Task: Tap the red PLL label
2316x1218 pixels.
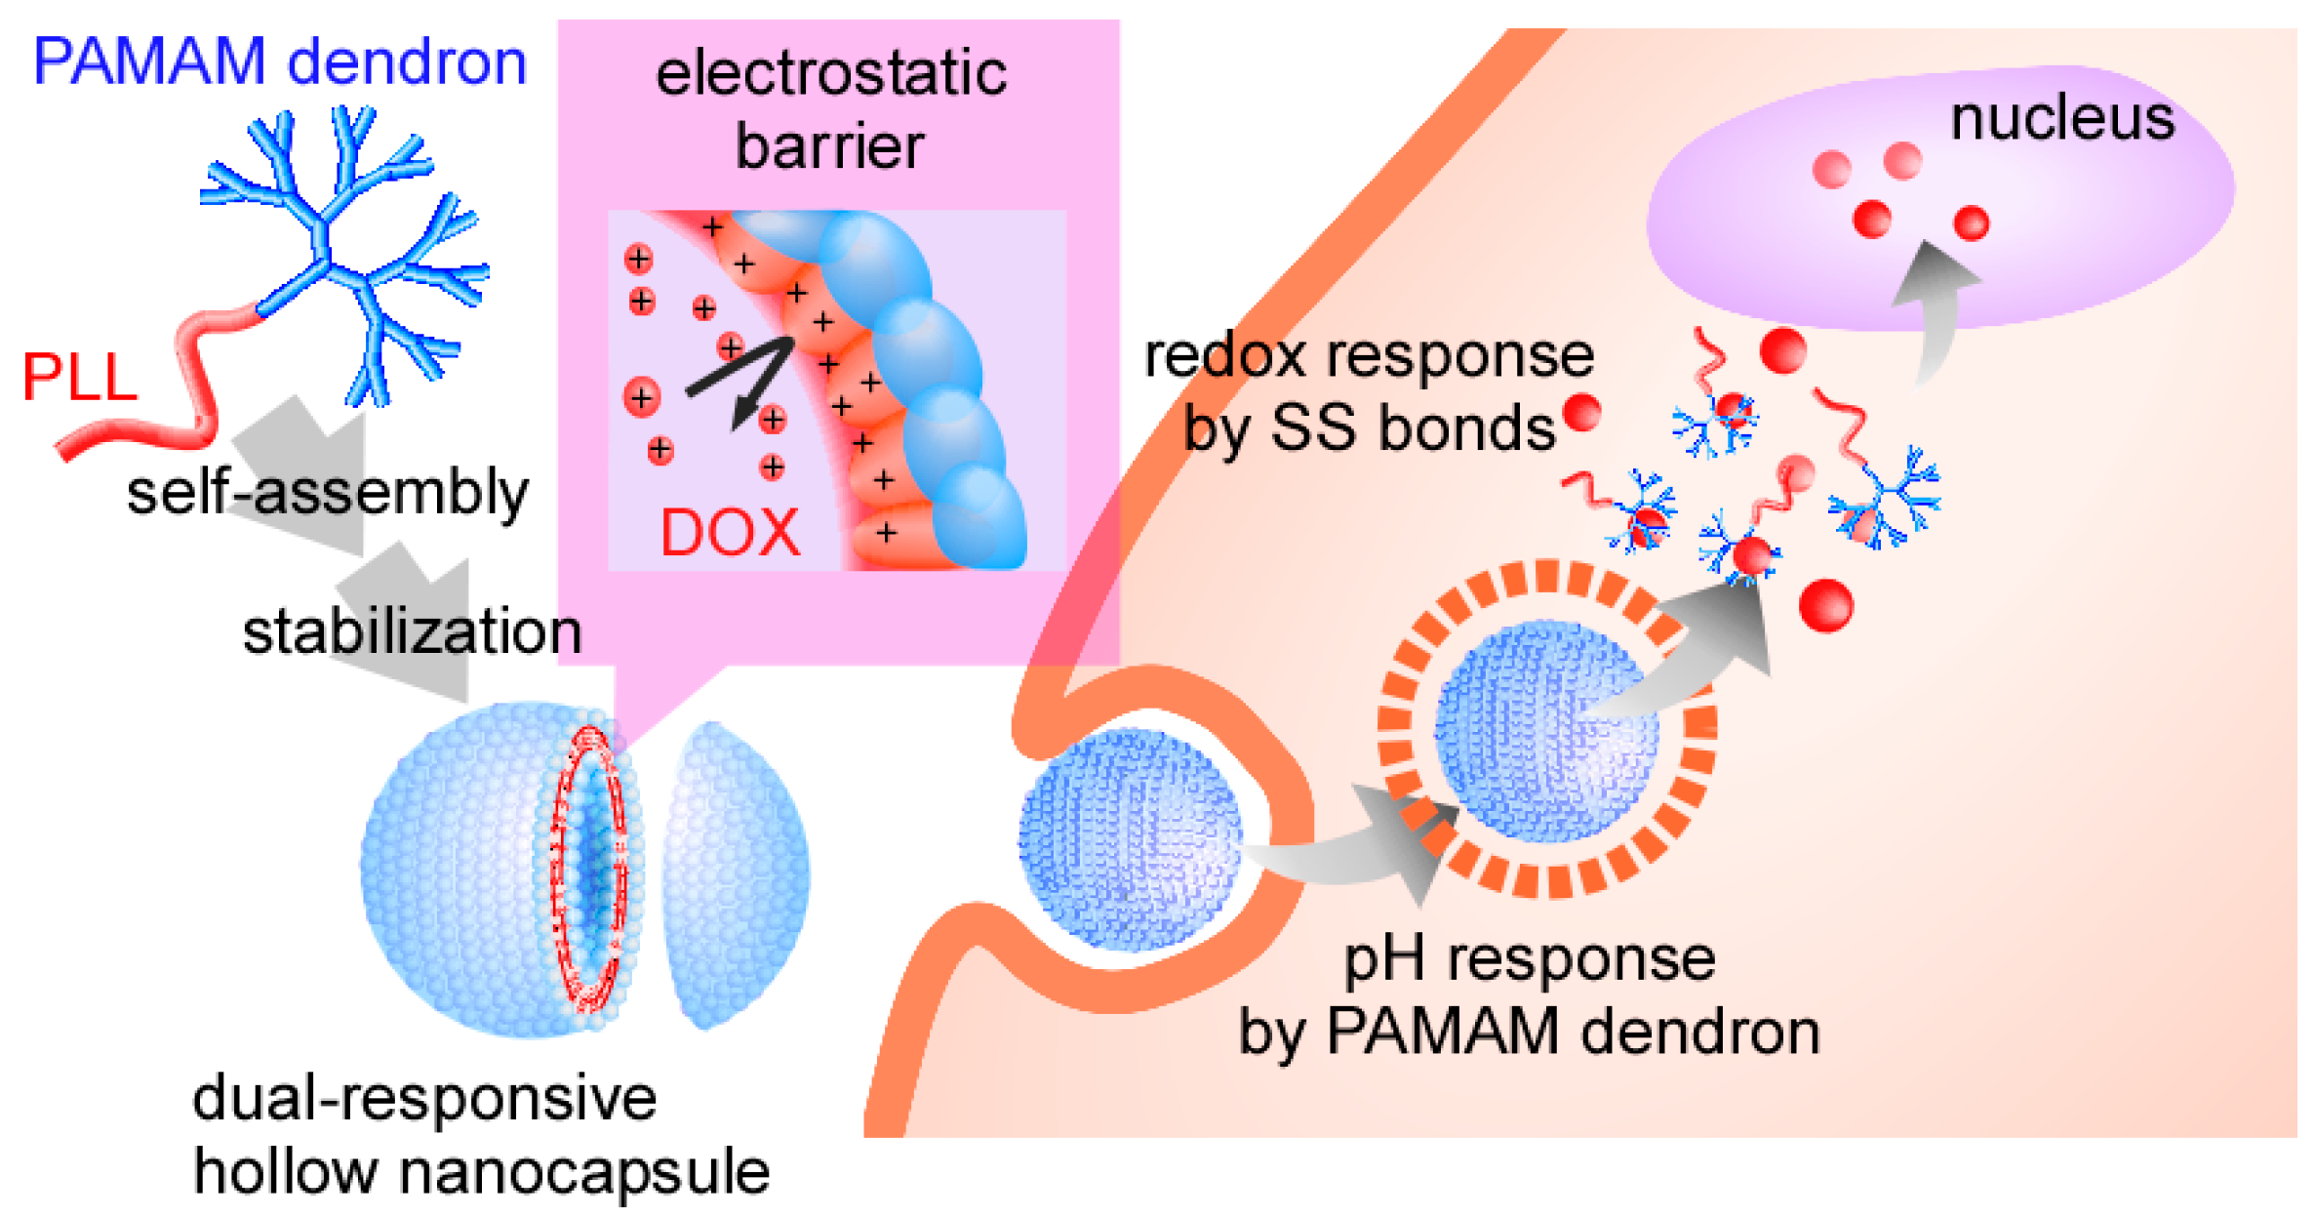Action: tap(79, 378)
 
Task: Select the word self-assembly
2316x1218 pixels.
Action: tap(327, 492)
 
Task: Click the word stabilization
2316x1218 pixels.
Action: tap(412, 631)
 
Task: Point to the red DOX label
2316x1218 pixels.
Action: tap(730, 533)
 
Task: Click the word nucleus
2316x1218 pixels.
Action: tap(2061, 119)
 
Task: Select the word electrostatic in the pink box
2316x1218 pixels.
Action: tap(830, 73)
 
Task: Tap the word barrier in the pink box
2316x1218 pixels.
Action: tap(829, 146)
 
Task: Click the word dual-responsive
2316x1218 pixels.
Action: tap(424, 1098)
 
